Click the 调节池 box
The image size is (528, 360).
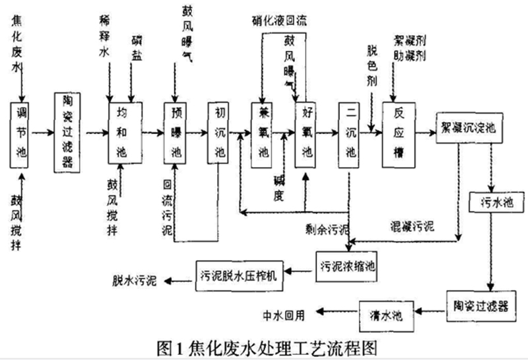pyautogui.click(x=19, y=133)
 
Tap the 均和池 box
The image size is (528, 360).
pyautogui.click(x=121, y=133)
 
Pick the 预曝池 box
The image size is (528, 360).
pyautogui.click(x=176, y=133)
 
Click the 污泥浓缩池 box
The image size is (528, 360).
pyautogui.click(x=348, y=266)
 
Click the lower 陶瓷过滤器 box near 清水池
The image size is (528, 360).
pyautogui.click(x=477, y=304)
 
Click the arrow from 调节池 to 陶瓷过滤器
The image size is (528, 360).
pyautogui.click(x=39, y=133)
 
